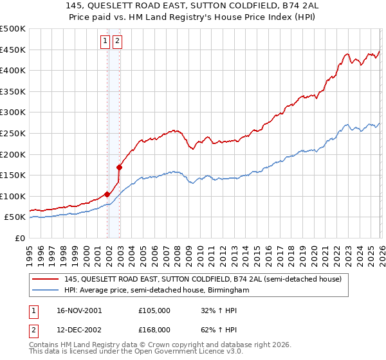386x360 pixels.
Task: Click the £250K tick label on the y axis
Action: point(13,133)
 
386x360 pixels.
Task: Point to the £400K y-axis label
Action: point(13,71)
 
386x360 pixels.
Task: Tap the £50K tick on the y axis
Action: point(15,217)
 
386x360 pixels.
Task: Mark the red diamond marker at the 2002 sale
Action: point(119,167)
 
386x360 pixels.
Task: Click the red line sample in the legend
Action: point(46,279)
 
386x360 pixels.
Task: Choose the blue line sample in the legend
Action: point(46,291)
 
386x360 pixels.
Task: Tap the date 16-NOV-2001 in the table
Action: point(80,310)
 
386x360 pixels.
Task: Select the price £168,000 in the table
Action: point(154,330)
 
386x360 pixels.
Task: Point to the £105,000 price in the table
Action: point(154,310)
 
